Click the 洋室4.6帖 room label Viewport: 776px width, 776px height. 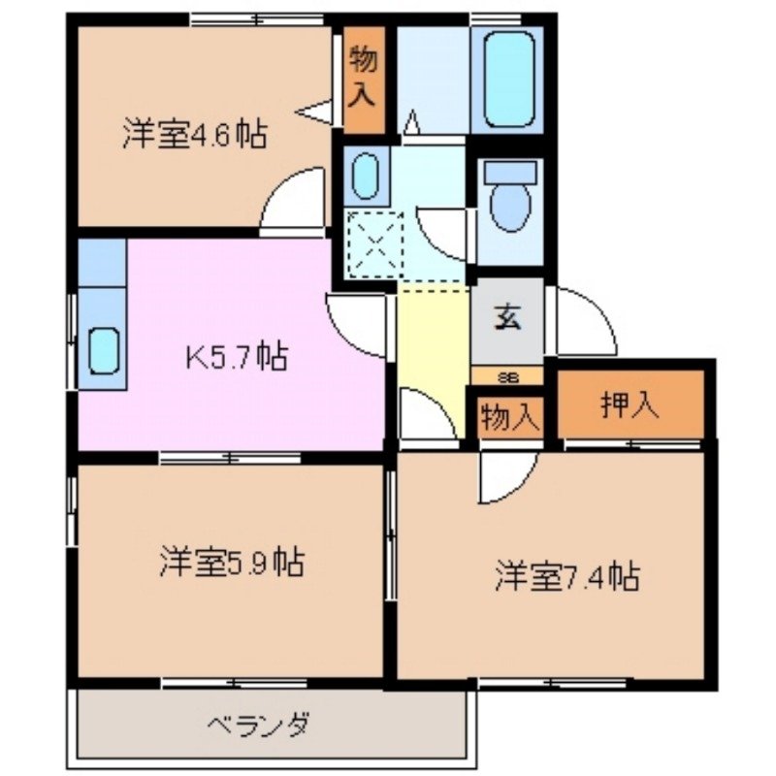(194, 134)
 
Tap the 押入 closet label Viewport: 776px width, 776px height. (630, 405)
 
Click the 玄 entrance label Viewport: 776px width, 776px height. (507, 317)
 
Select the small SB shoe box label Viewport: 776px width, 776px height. (507, 376)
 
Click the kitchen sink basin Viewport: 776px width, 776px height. (104, 349)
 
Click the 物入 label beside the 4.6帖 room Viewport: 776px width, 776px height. (364, 78)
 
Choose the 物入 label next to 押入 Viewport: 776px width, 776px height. (509, 418)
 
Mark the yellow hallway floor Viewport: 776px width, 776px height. (433, 339)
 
